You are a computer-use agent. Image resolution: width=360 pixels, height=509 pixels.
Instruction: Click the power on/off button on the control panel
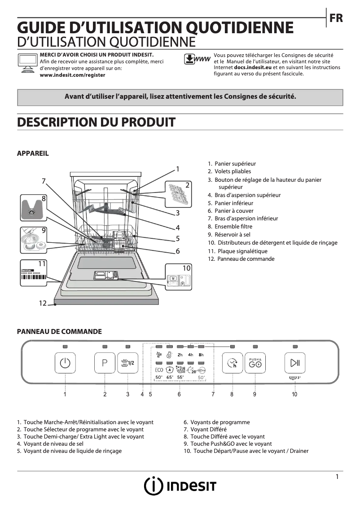tap(66, 364)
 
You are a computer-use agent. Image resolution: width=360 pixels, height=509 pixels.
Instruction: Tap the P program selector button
tap(105, 364)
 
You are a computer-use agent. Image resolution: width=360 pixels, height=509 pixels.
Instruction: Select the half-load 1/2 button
tap(128, 364)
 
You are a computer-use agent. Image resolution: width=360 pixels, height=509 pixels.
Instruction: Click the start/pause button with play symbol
tap(295, 364)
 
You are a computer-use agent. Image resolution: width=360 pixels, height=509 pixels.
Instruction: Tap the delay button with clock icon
tap(233, 364)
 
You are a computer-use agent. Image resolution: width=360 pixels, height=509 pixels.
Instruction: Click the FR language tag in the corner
tap(336, 18)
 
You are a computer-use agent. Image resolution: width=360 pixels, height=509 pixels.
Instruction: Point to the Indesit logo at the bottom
tap(180, 486)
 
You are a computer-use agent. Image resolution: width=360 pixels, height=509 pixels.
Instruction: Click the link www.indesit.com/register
tap(72, 75)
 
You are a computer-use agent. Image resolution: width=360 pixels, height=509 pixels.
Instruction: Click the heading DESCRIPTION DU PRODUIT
tap(96, 122)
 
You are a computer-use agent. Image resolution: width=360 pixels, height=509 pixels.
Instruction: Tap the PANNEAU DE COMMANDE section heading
tap(59, 332)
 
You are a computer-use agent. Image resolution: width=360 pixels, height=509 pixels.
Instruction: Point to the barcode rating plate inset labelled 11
tap(34, 273)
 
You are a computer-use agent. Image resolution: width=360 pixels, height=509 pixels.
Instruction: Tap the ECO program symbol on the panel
tap(159, 370)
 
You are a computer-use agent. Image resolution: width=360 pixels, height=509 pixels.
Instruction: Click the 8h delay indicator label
tap(201, 355)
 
